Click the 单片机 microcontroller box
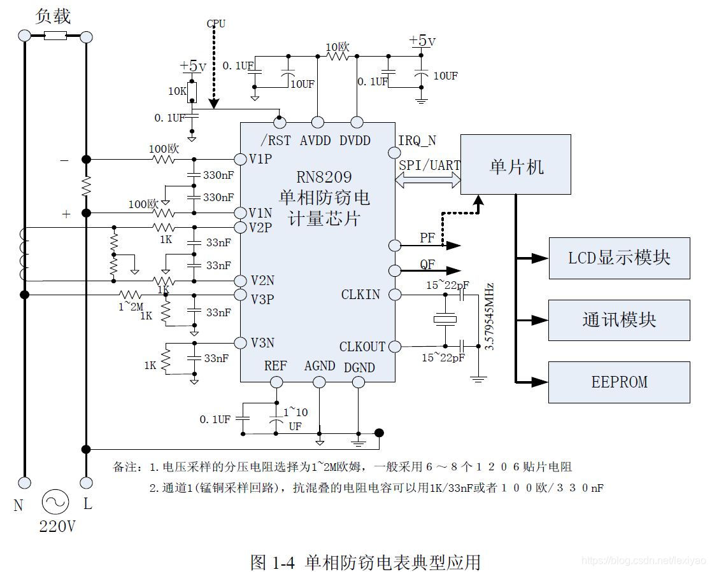click(515, 165)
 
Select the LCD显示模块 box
click(620, 258)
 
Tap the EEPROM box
click(620, 382)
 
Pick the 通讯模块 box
click(620, 320)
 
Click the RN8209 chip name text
click(324, 177)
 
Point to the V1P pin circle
click(240, 159)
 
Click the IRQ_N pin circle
click(395, 153)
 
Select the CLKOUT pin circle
click(395, 347)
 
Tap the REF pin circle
click(276, 382)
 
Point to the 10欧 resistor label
click(338, 47)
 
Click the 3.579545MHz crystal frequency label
click(489, 317)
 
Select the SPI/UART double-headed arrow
click(428, 181)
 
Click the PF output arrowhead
click(453, 246)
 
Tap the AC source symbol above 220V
click(55, 503)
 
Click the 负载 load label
click(53, 17)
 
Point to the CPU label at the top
click(216, 24)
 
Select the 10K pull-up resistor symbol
click(192, 92)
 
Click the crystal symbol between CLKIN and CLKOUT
click(445, 320)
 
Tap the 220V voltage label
click(57, 527)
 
